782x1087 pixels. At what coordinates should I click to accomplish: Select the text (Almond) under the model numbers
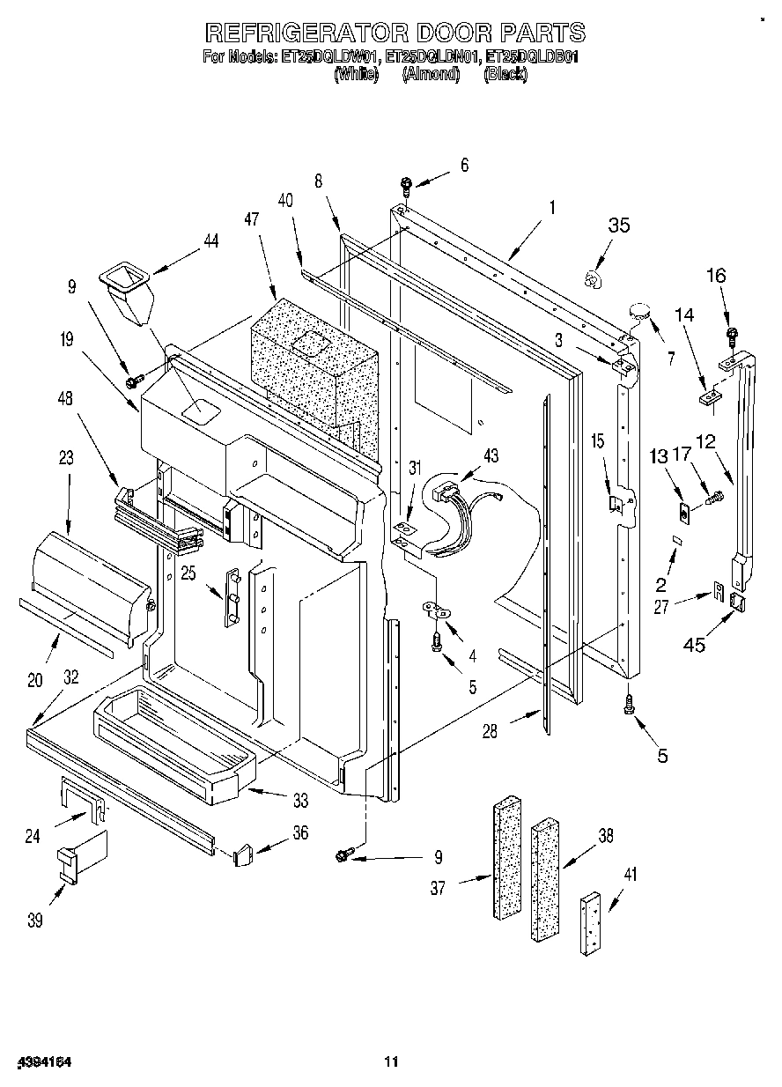click(431, 75)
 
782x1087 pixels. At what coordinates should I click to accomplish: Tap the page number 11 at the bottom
click(391, 1062)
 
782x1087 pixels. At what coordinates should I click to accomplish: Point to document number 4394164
click(42, 1062)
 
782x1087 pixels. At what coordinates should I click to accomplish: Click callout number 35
click(619, 226)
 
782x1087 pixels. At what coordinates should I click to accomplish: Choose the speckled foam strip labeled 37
click(508, 859)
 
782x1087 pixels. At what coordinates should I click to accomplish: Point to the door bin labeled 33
click(172, 743)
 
